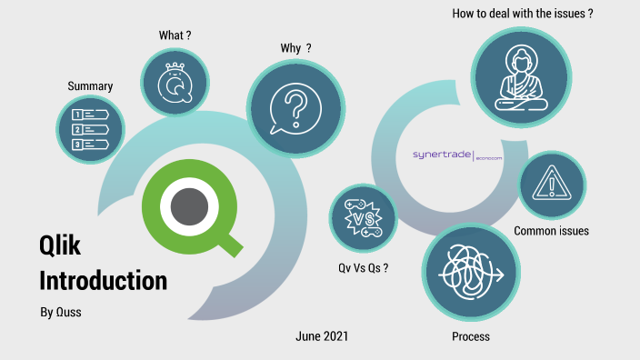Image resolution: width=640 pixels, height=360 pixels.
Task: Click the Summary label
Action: tap(90, 86)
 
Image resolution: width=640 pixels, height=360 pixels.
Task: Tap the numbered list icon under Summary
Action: tap(90, 129)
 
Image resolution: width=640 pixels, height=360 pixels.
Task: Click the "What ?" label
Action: tap(175, 35)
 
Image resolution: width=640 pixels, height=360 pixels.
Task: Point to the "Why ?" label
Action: tap(296, 48)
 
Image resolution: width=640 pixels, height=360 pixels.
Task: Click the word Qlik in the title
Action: tap(60, 245)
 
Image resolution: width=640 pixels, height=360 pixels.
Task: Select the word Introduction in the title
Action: tap(103, 280)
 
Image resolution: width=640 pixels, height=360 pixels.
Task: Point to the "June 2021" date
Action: tap(322, 336)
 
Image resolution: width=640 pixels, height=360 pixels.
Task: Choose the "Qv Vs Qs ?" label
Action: tap(363, 268)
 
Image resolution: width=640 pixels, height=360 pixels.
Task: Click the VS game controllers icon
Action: tap(363, 218)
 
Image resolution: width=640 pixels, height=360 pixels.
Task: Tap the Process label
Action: tap(471, 336)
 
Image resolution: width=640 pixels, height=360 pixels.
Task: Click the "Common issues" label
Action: tap(551, 231)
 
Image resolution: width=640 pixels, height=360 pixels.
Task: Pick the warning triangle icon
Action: tap(551, 185)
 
